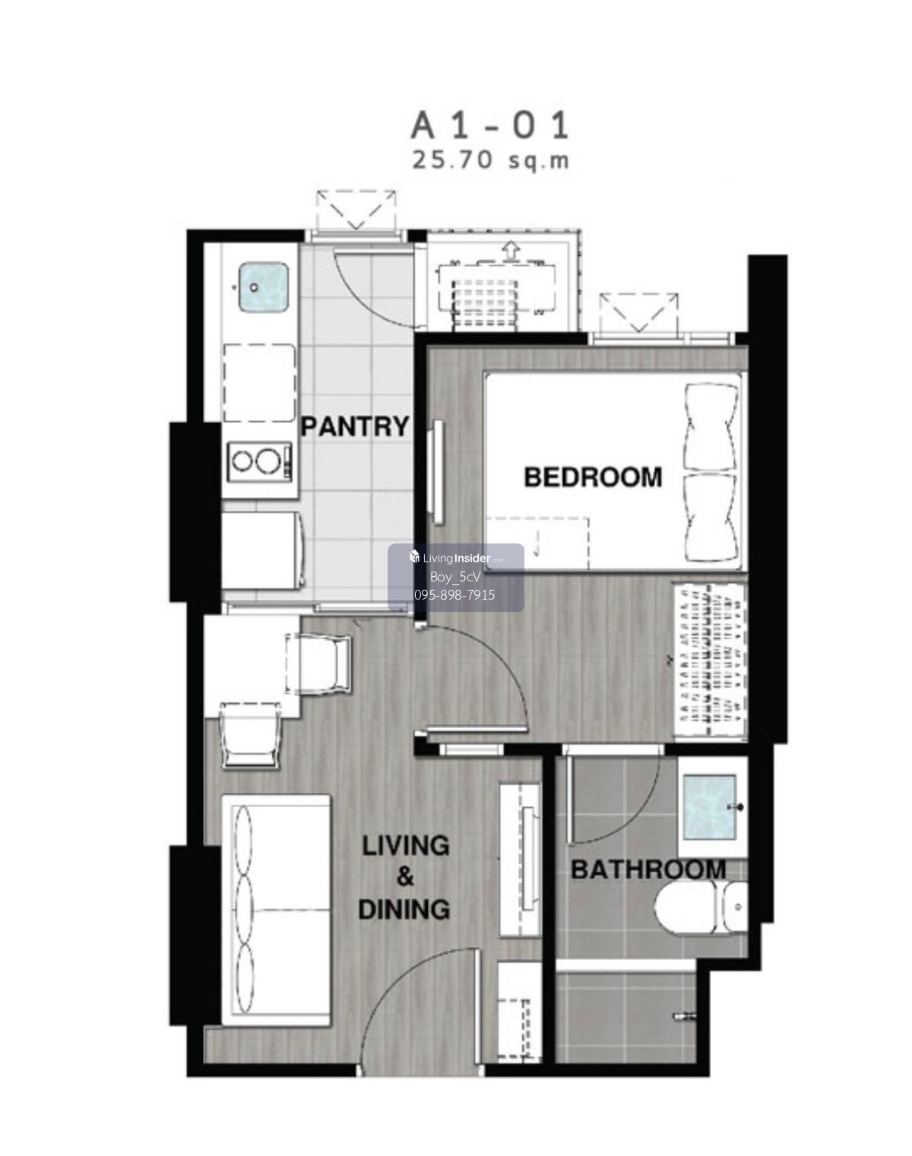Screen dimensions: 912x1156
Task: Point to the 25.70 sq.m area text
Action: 490,160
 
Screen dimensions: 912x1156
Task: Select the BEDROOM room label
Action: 593,477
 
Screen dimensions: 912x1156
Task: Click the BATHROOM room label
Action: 648,869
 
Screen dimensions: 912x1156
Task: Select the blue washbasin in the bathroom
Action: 709,807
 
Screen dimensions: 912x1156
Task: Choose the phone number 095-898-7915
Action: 455,595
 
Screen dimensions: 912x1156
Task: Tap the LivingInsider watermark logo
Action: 456,558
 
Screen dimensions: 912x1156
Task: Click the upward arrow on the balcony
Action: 511,251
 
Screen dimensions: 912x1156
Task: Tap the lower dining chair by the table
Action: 252,734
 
